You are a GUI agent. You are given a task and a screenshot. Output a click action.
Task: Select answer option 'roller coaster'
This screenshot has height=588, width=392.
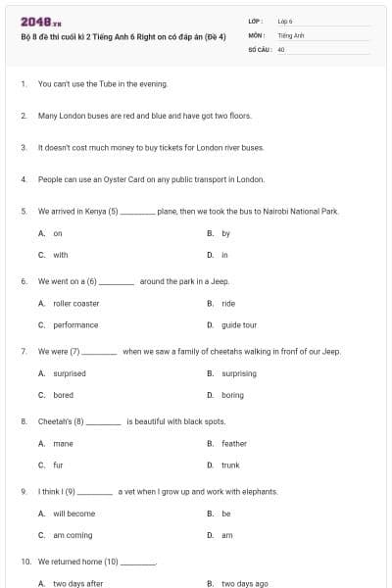[x=76, y=304]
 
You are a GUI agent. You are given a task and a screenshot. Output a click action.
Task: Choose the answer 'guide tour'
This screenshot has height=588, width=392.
[x=239, y=324]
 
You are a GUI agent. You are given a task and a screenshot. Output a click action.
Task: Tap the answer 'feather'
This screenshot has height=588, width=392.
[x=234, y=443]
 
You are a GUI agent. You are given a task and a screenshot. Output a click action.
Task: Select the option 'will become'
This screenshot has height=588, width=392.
[x=74, y=514]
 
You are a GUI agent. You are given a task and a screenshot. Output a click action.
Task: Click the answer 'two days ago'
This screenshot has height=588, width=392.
[x=245, y=583]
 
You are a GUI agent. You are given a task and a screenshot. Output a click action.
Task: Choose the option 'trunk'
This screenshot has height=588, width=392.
[x=230, y=465]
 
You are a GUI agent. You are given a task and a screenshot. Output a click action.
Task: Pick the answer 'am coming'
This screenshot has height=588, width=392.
[x=73, y=535]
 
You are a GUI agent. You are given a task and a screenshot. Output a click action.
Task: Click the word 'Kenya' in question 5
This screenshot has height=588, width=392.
[x=96, y=211]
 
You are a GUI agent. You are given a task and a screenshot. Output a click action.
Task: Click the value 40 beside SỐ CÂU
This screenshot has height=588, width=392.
[x=281, y=48]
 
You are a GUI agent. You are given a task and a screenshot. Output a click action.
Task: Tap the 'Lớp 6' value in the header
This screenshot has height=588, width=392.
[x=285, y=21]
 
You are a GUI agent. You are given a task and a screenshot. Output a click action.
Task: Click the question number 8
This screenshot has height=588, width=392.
[x=24, y=421]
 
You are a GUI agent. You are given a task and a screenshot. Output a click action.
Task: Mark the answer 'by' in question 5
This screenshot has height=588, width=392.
[x=226, y=233]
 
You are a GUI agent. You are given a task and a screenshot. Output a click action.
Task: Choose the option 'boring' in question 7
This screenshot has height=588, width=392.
[x=232, y=395]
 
